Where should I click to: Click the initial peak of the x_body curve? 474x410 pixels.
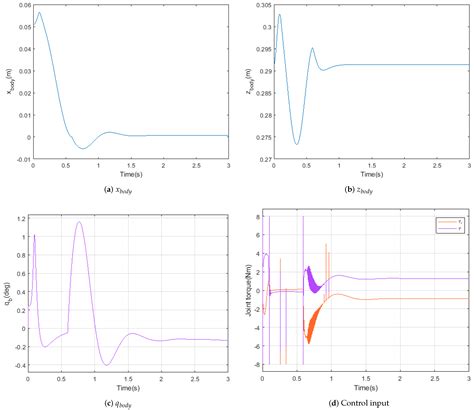click(x=38, y=13)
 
